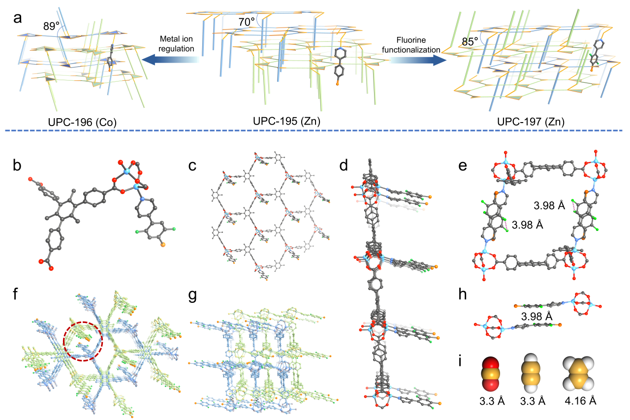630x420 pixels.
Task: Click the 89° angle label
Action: coord(52,26)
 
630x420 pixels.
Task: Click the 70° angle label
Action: coord(247,22)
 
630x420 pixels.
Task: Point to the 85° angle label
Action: coord(469,42)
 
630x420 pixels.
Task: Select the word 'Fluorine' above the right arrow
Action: coord(413,39)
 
